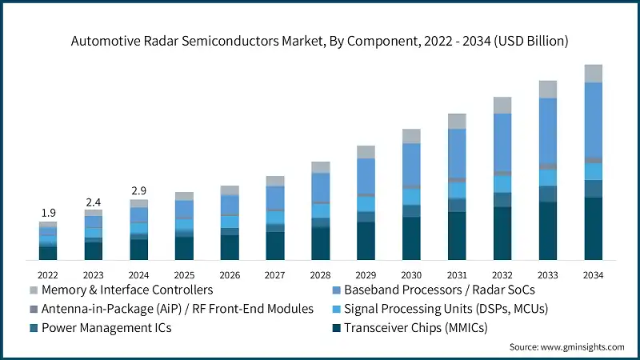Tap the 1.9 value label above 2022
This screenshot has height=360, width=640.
pos(48,213)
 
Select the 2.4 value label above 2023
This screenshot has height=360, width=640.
pos(94,202)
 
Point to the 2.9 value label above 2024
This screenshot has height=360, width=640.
pos(139,190)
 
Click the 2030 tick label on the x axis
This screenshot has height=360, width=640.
pos(411,274)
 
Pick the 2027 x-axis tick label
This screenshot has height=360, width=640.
pos(275,274)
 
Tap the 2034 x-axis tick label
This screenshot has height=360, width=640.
pos(594,274)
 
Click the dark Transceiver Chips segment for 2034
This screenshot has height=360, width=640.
pos(594,229)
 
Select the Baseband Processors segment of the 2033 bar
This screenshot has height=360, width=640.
pos(548,131)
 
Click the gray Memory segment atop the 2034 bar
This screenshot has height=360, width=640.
pos(594,74)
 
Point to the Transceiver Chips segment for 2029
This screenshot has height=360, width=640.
pos(366,241)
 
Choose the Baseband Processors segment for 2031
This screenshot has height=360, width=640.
pos(457,153)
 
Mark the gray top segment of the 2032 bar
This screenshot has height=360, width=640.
pos(502,105)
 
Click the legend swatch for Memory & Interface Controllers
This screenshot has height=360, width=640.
pos(34,290)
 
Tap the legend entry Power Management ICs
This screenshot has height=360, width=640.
pos(106,327)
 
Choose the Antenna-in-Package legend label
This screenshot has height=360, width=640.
pos(178,308)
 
